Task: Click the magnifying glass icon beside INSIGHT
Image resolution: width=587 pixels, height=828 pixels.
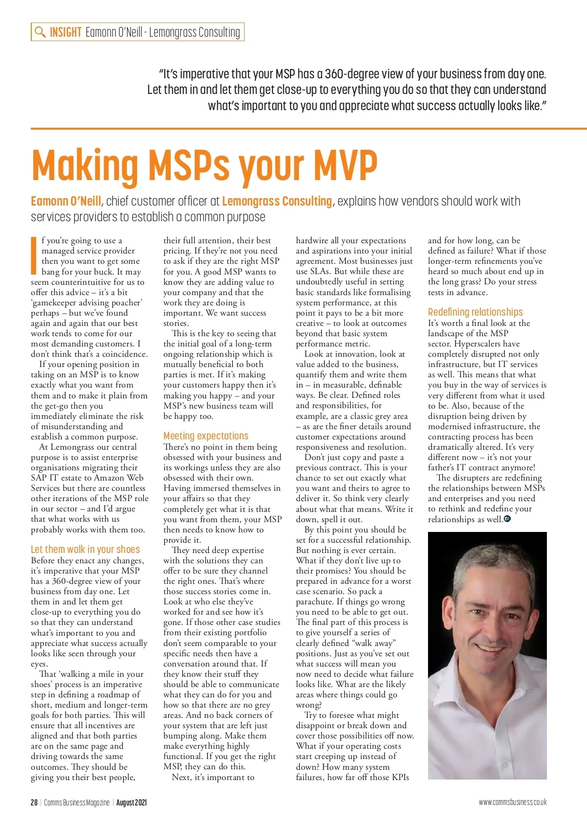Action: coord(40,32)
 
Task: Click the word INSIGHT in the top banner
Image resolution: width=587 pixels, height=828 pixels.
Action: coord(65,32)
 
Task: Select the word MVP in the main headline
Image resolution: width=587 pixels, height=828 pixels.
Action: coord(345,165)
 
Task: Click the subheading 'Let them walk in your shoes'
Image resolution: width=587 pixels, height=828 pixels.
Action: coord(85,550)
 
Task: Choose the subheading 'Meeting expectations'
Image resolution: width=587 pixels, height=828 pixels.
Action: coord(205,436)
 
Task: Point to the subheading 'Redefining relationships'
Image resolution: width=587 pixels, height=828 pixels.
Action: coord(475,312)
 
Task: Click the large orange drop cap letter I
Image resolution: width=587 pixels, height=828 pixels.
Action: coord(34,255)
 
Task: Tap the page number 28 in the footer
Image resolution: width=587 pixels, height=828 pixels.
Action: coord(34,803)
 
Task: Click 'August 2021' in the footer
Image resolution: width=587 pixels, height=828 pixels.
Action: coord(131,803)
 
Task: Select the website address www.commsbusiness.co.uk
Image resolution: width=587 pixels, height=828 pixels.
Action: coord(512,803)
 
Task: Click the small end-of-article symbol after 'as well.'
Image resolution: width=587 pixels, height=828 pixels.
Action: coord(507,519)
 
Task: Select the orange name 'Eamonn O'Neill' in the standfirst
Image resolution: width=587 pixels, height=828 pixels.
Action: coord(66,202)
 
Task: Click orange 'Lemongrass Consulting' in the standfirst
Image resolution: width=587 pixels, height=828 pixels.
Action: coord(276,202)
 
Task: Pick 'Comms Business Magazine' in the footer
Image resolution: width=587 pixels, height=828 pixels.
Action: coord(76,803)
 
